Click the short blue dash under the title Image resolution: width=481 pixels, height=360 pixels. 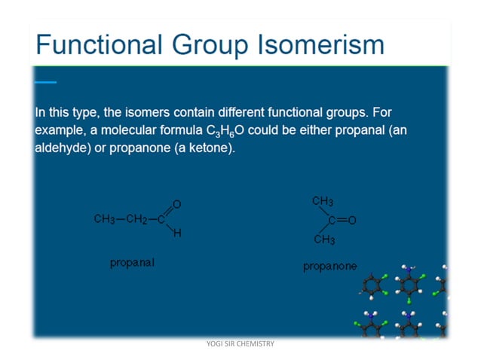45,82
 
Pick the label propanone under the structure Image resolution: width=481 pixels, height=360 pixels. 329,266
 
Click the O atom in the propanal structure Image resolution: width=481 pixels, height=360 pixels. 176,204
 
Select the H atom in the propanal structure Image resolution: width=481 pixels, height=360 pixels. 176,234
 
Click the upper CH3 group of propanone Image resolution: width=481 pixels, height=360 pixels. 323,201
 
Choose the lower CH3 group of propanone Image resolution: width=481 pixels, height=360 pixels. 323,239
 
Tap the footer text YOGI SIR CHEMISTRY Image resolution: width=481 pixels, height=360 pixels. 240,344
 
